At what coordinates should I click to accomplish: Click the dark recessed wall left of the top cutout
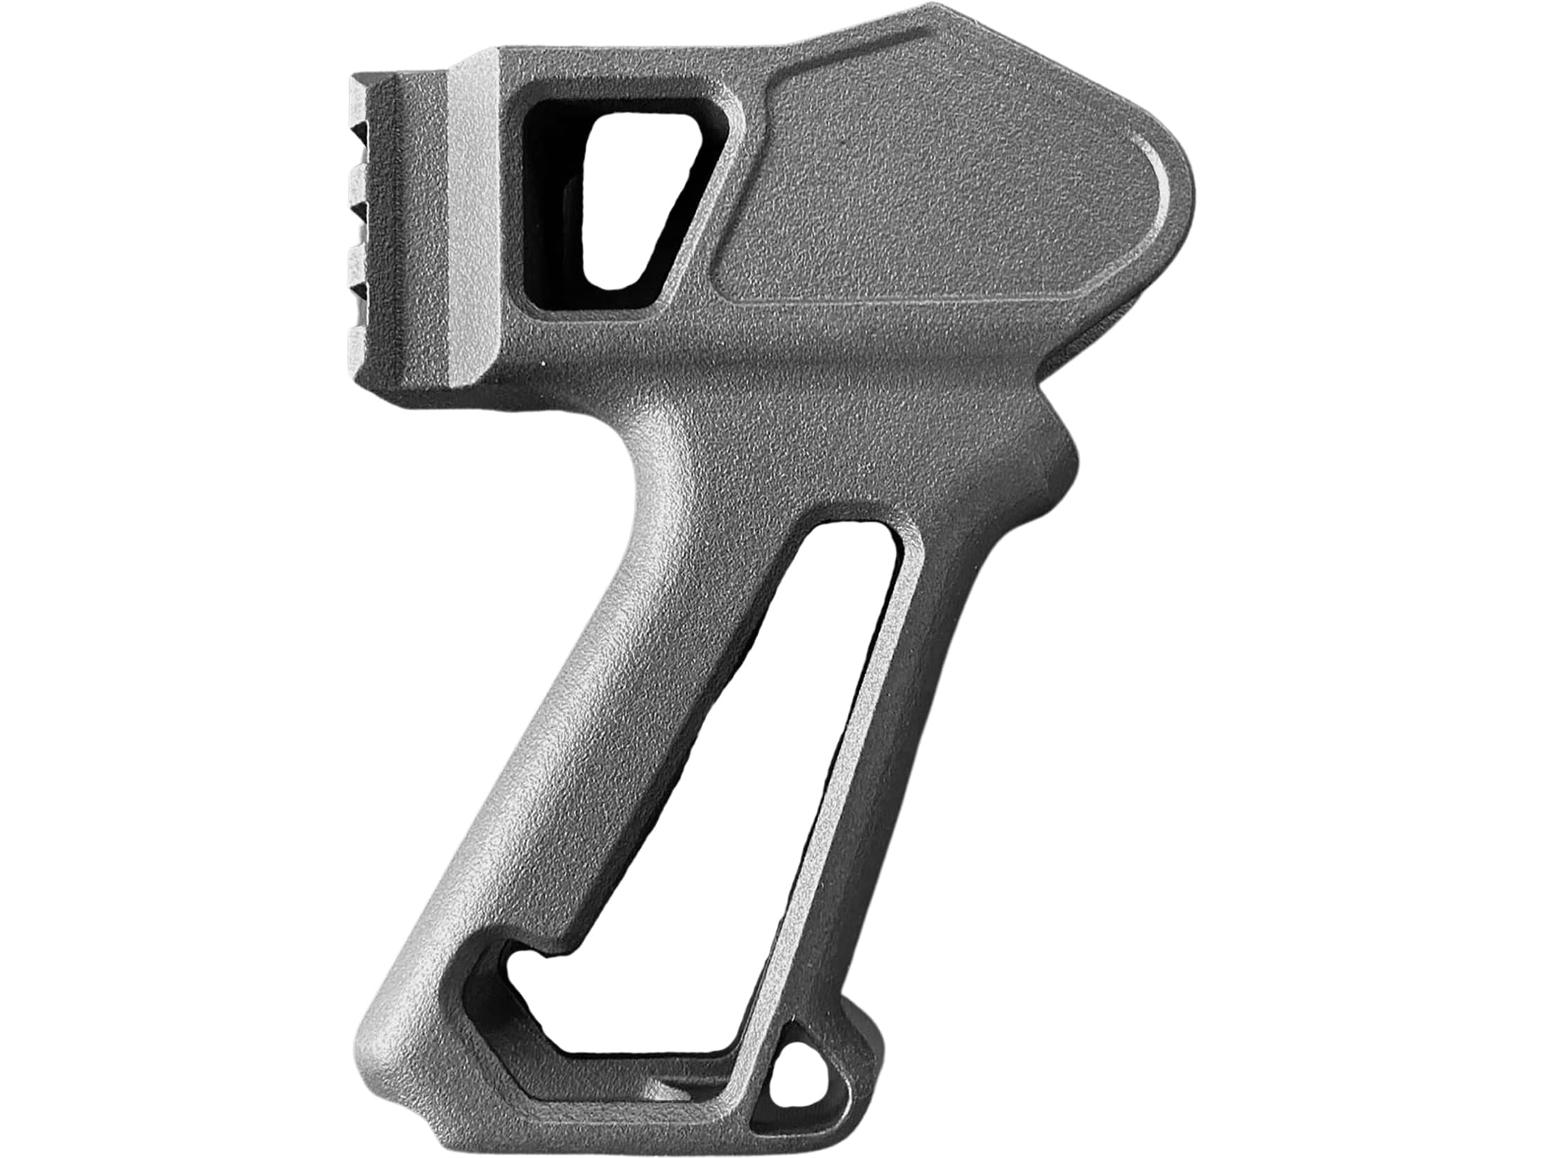[554, 211]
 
